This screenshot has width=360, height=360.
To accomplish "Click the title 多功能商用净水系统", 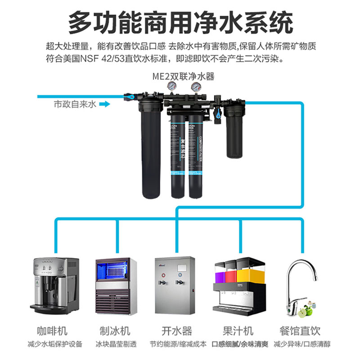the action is [180, 22].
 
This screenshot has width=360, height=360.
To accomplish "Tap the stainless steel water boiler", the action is [175, 285].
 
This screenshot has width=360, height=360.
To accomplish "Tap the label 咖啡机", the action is [53, 331].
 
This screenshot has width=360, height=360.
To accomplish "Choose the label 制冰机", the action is [115, 331].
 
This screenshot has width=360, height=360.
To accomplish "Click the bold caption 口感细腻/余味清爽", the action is [240, 344].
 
